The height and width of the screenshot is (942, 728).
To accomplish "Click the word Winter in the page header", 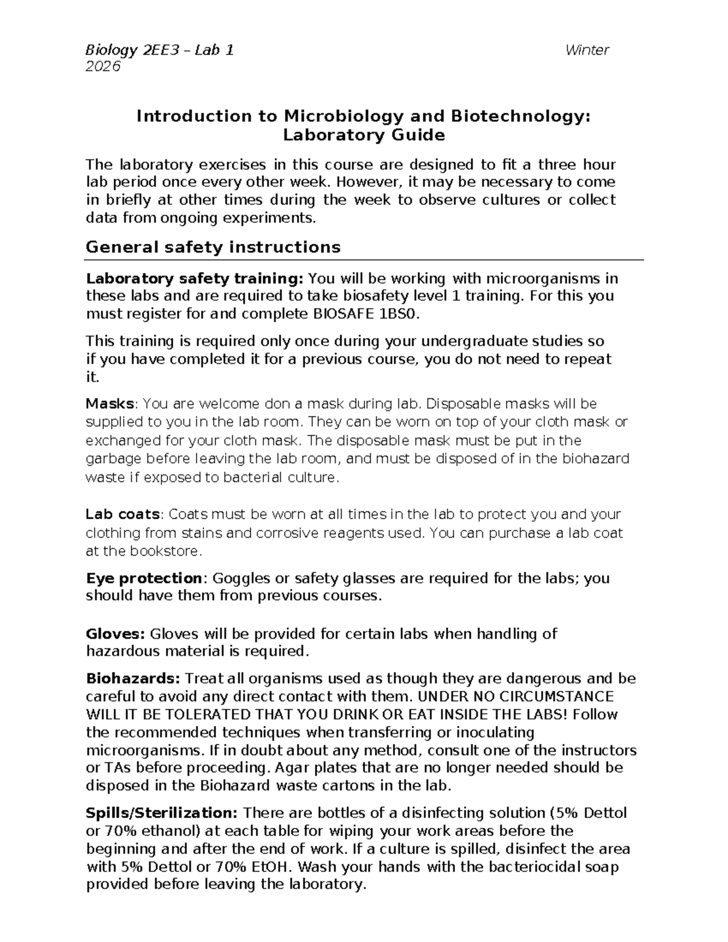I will tap(587, 50).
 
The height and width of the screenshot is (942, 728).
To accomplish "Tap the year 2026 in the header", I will tap(103, 66).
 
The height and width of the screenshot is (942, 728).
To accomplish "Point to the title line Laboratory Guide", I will tap(364, 135).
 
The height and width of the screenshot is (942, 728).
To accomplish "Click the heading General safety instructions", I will tap(213, 247).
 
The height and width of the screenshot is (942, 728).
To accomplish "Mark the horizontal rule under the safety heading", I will tap(364, 260).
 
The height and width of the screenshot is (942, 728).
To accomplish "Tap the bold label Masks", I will tap(110, 404).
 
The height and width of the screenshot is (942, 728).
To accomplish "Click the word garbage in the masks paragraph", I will tap(113, 459).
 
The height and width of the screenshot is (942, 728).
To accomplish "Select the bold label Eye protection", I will tap(144, 578).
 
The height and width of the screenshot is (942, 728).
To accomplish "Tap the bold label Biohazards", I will tap(133, 678).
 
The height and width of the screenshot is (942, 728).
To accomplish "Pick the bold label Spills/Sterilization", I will tap(162, 813).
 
